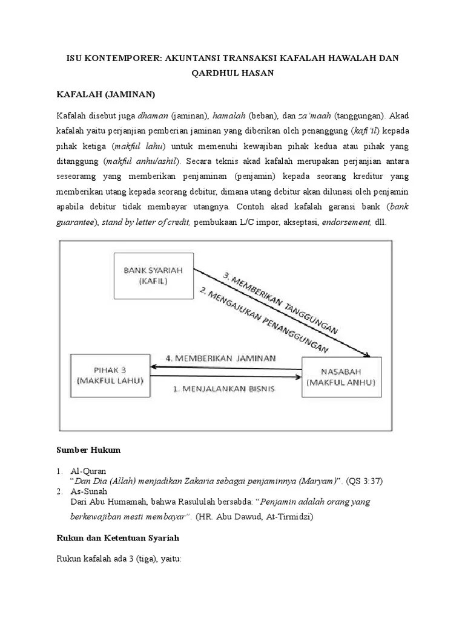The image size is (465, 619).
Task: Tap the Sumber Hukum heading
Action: click(x=89, y=450)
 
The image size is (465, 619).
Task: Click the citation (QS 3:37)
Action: click(x=365, y=481)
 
